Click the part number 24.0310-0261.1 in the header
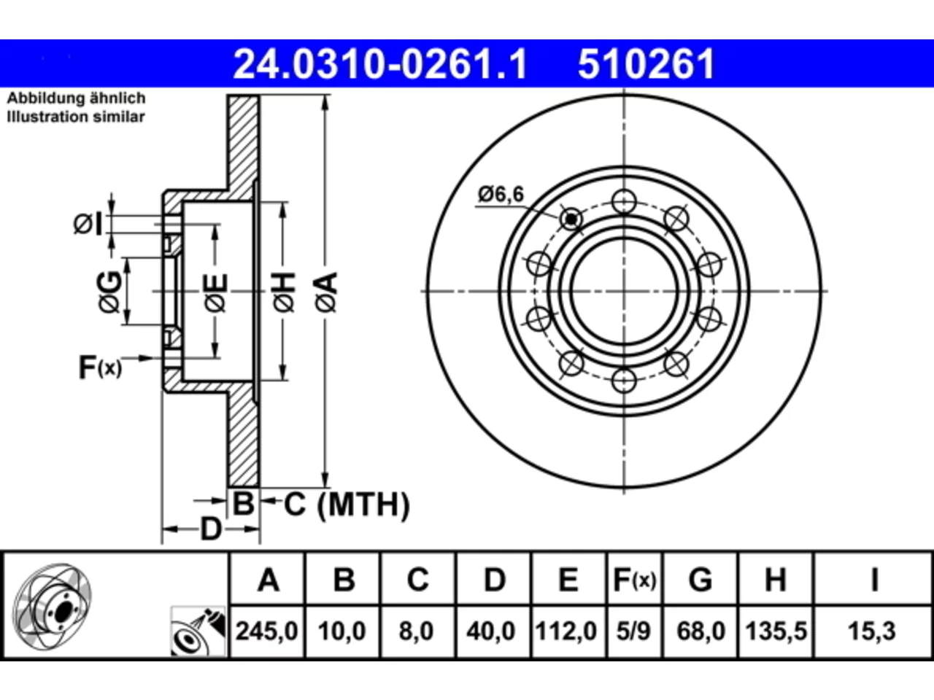coord(380,64)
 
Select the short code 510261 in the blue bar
coord(646,64)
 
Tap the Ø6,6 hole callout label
coord(501,194)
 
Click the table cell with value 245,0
coord(267,631)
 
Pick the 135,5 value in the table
coord(776,631)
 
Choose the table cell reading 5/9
coord(633,631)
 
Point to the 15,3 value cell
coord(871,631)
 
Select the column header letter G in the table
coord(700,579)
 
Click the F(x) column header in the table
coord(634,580)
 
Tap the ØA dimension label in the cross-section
coord(326,292)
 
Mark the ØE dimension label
coord(216,293)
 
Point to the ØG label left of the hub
coord(109,292)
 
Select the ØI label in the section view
coord(88,224)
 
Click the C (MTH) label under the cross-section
coord(346,505)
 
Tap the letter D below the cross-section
coord(211,529)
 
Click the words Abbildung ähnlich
coord(76,98)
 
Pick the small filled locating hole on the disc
coord(571,219)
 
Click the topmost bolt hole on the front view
coord(624,201)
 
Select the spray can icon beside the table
coord(198,631)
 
